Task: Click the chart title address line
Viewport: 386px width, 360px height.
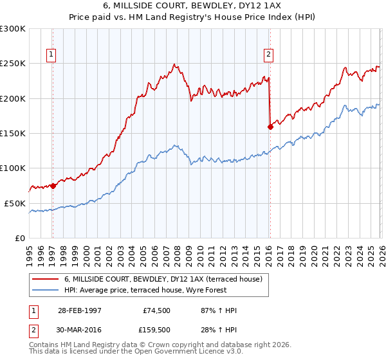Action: [x=193, y=6]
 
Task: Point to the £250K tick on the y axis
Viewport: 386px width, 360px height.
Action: [x=13, y=64]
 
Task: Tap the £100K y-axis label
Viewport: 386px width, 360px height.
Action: [x=13, y=168]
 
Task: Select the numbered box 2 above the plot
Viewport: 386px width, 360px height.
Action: [x=268, y=55]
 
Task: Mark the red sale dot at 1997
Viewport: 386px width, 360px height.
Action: [x=53, y=186]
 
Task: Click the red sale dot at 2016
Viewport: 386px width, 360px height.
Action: [x=270, y=127]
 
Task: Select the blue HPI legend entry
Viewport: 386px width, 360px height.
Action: [x=154, y=290]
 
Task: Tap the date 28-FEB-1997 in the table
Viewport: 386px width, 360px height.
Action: [x=80, y=310]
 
